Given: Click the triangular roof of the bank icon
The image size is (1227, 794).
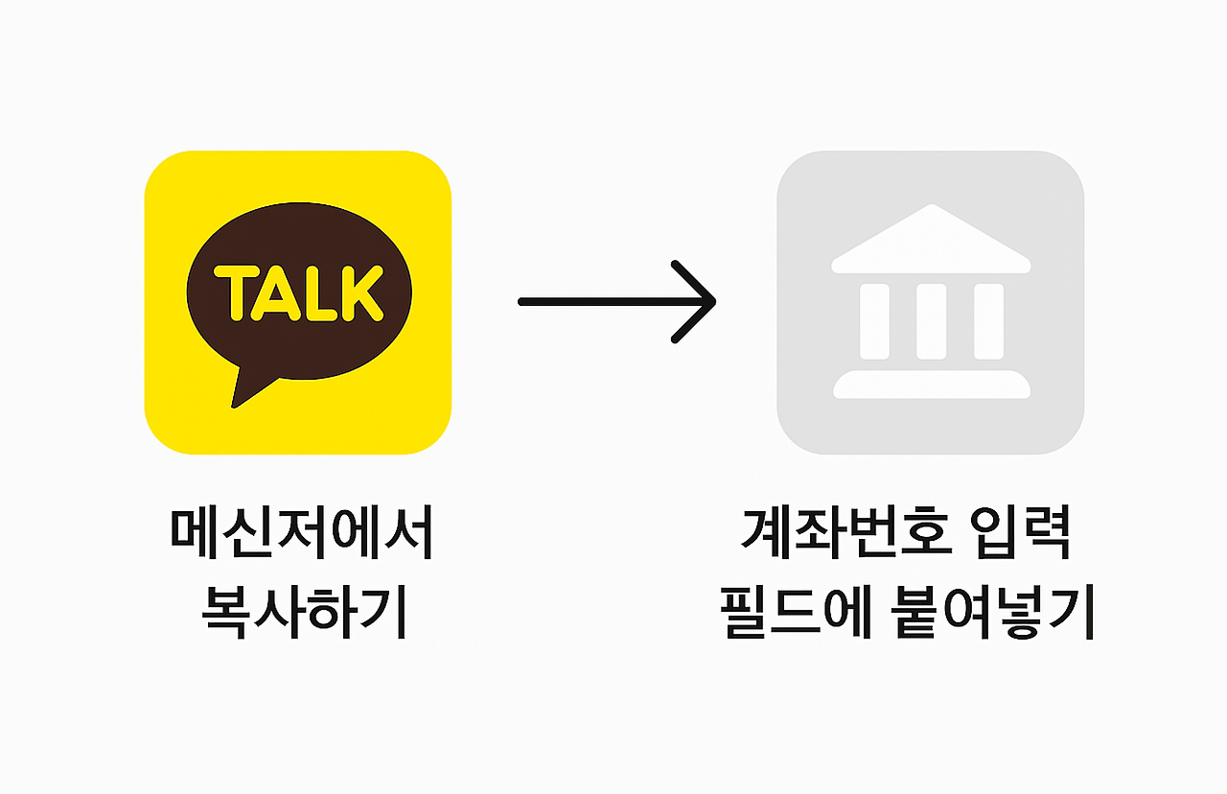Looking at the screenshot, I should coord(931,240).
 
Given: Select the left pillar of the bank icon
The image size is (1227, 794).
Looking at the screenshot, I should coord(874,320).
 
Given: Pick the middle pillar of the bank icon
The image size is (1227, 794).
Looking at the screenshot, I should coord(931,320).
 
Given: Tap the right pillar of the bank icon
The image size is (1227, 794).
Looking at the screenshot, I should coord(988,320).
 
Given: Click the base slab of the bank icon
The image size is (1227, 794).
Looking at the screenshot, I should coord(931,385).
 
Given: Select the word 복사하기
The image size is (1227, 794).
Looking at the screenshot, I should coord(304,611).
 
